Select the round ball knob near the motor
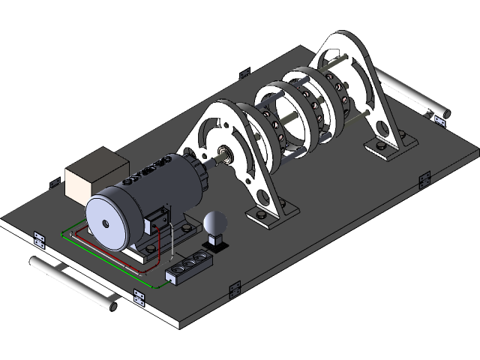tap(215, 223)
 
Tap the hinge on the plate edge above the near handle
tap(40, 239)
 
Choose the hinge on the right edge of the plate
tap(424, 180)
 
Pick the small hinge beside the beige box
tap(55, 182)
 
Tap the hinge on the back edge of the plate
tap(244, 73)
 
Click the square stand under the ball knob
tap(216, 241)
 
